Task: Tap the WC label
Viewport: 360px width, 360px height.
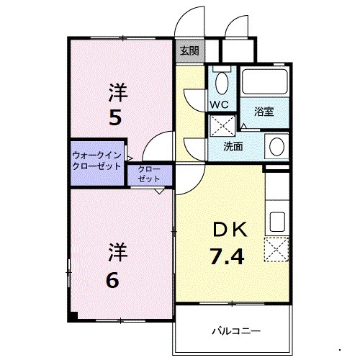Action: [219, 104]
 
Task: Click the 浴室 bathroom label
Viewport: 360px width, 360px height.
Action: [264, 112]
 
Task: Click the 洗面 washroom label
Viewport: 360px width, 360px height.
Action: [233, 146]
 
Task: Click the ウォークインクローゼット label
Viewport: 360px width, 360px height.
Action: [96, 160]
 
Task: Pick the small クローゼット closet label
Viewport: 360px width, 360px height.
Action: [150, 174]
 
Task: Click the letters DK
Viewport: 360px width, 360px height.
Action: [229, 230]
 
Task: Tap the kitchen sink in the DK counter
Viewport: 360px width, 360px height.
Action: [276, 220]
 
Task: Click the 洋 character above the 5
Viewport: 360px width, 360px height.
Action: [117, 91]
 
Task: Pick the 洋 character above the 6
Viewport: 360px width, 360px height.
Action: [117, 252]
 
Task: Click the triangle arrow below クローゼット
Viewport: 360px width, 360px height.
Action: [158, 192]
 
